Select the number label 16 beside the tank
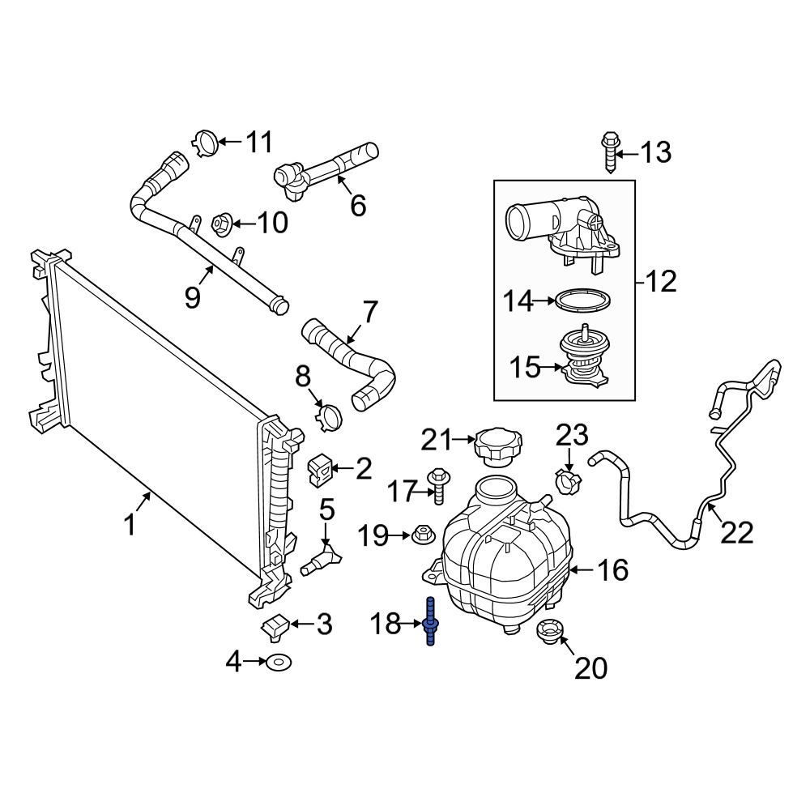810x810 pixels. point(612,570)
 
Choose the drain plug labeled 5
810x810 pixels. point(323,559)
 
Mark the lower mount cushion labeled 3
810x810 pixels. point(275,625)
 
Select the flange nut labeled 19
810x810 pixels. point(421,535)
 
